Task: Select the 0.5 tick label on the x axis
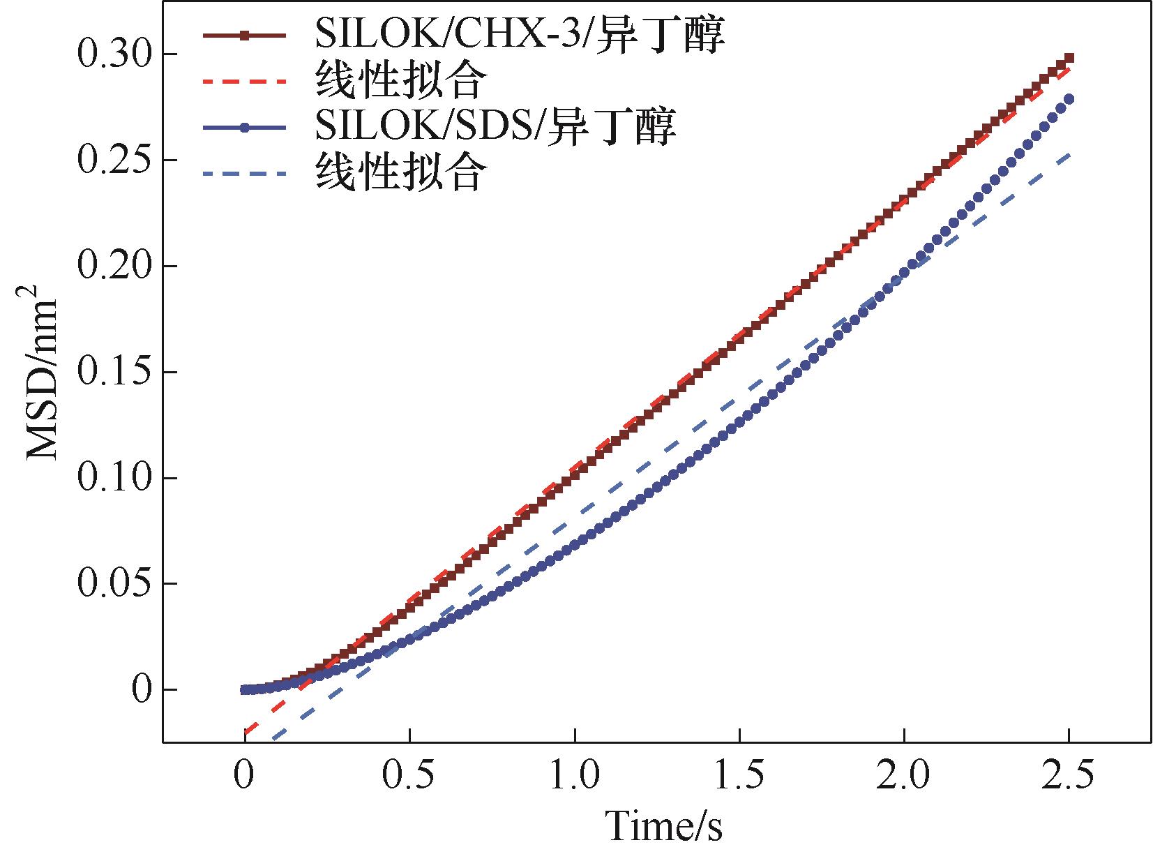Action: [x=409, y=777]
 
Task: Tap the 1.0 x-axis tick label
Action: [x=574, y=777]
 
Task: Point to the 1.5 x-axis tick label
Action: [x=739, y=777]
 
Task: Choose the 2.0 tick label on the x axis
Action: [x=903, y=777]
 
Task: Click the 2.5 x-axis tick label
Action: [x=1068, y=777]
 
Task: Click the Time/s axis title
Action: [x=663, y=825]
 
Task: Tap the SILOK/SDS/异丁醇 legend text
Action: [x=495, y=126]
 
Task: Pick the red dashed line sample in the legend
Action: [x=245, y=82]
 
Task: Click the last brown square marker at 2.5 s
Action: [x=1069, y=59]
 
